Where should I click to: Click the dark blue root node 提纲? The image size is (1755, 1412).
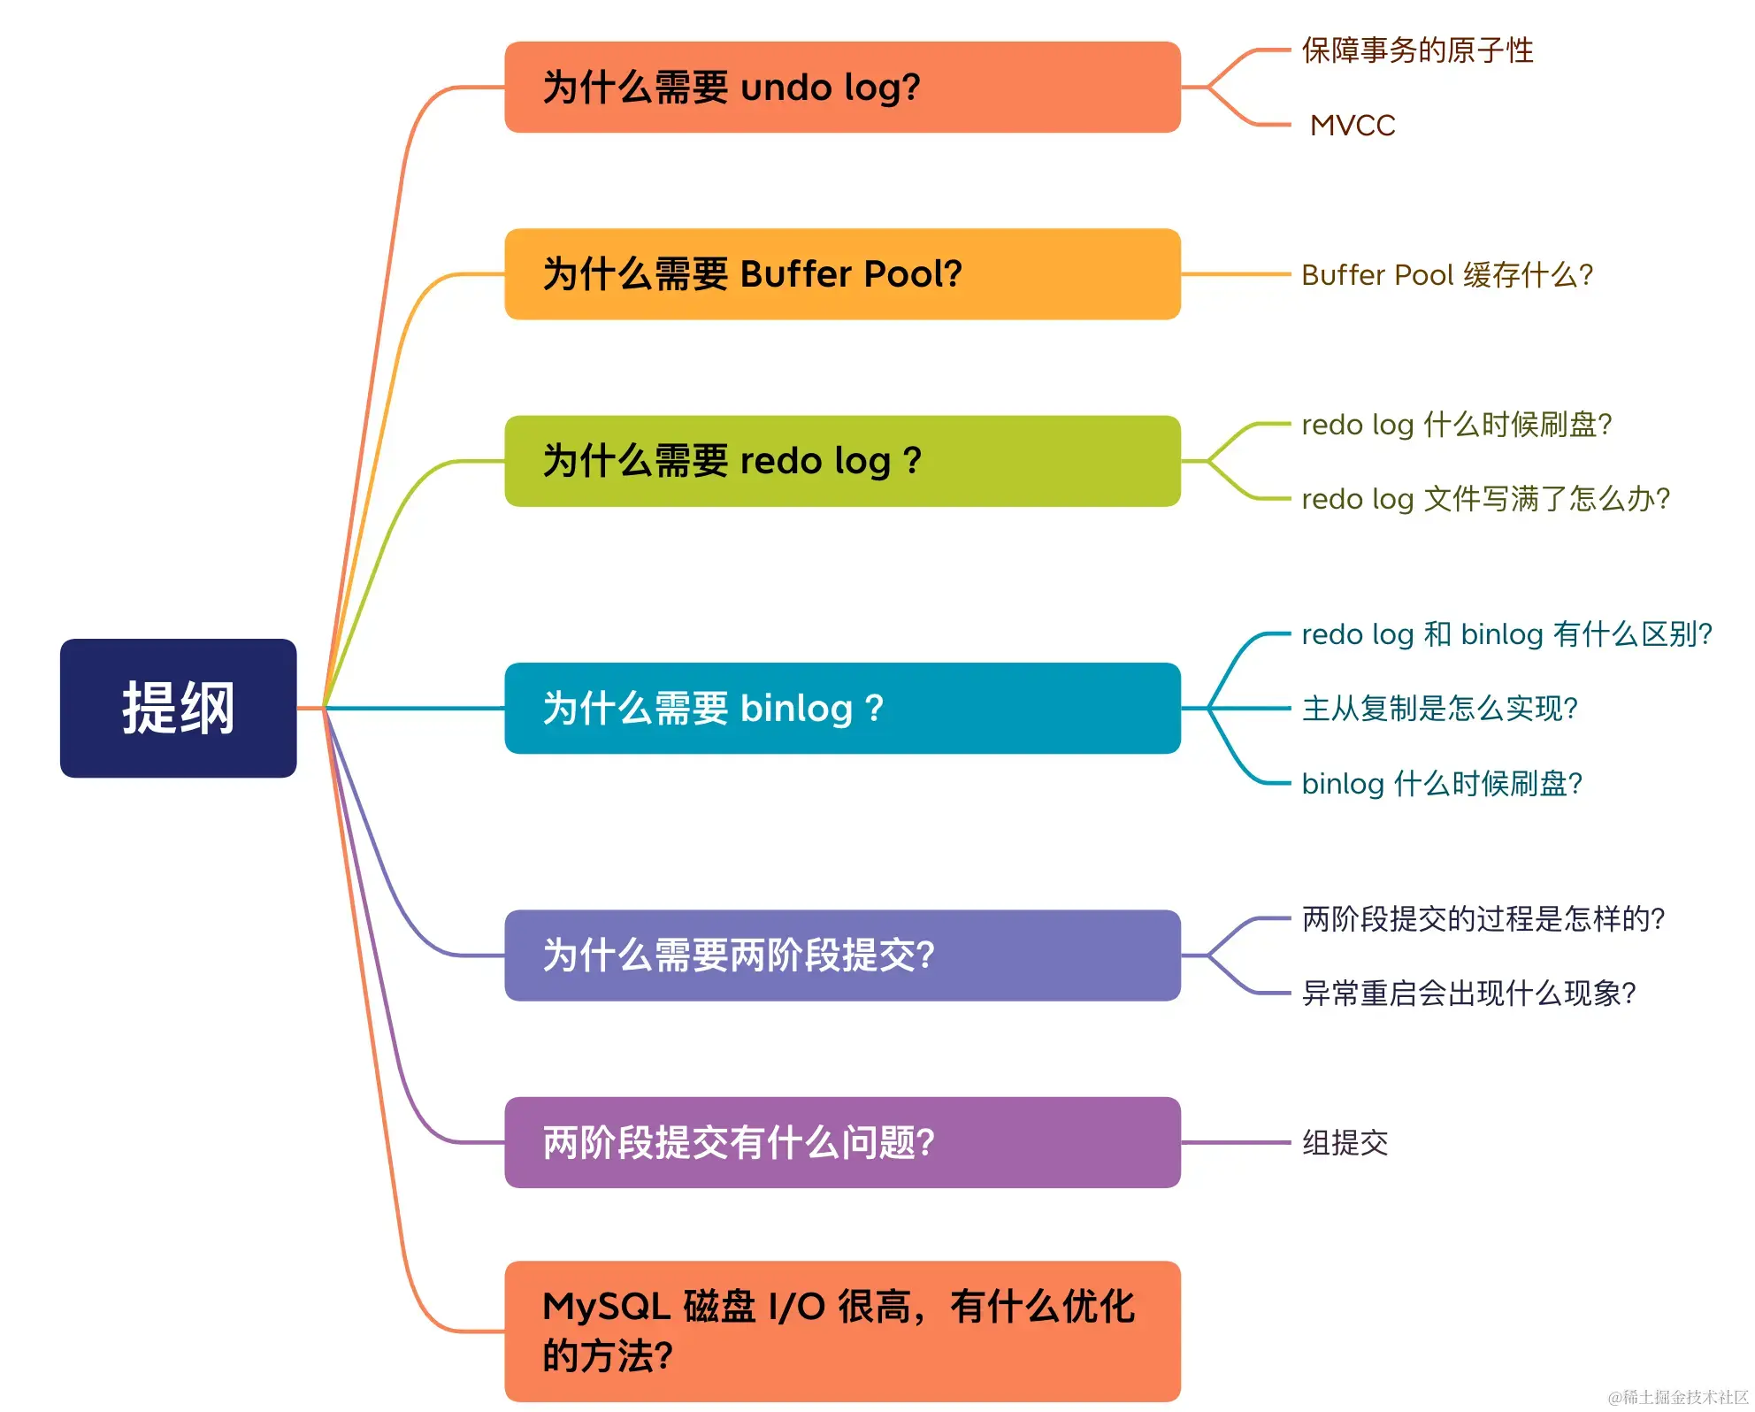point(178,708)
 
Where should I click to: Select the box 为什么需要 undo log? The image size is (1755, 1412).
point(841,88)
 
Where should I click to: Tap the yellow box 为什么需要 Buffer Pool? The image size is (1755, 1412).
point(841,274)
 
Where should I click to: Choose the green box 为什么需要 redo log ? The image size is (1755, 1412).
point(841,461)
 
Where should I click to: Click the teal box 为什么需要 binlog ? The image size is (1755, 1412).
point(841,708)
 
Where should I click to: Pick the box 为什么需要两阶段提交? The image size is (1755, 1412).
point(841,955)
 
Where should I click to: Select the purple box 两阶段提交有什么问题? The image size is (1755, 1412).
point(841,1142)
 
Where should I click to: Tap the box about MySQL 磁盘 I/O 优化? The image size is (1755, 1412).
point(841,1331)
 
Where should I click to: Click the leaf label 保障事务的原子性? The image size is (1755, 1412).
point(1417,50)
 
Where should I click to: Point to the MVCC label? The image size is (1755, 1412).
point(1353,126)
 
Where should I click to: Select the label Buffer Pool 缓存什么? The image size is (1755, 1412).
point(1447,275)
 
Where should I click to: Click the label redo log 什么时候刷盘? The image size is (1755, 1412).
point(1457,425)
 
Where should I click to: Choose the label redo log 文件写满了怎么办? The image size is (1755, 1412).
point(1486,499)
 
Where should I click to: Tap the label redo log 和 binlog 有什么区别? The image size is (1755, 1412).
point(1507,634)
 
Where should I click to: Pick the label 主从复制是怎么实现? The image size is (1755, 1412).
point(1440,709)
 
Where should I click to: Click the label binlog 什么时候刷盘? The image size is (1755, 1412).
point(1442,784)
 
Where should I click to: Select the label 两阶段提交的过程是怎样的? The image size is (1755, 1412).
point(1483,919)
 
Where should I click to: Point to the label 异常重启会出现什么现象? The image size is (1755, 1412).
point(1469,994)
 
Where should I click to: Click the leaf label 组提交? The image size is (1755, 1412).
point(1345,1143)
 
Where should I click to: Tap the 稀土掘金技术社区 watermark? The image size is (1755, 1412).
point(1678,1397)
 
